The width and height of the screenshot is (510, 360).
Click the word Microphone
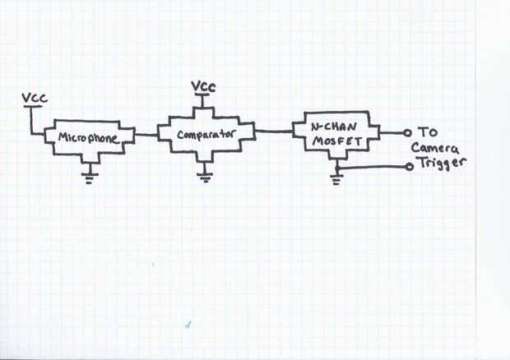click(90, 138)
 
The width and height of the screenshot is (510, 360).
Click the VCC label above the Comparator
click(203, 86)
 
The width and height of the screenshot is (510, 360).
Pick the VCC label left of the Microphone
click(35, 99)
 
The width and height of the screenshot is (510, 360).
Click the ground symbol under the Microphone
click(91, 174)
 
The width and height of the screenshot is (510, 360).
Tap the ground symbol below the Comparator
click(204, 173)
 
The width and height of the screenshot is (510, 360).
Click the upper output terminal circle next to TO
click(406, 132)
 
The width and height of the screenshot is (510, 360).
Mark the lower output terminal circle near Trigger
click(410, 167)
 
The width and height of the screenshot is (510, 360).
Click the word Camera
click(437, 148)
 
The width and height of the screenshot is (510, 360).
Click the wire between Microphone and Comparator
click(145, 134)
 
